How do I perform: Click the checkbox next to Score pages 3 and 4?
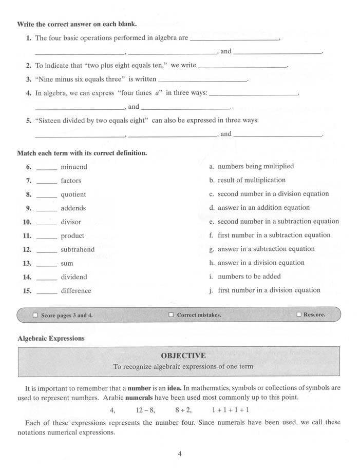coord(35,316)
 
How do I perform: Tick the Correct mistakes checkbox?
coord(171,315)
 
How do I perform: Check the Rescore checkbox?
coord(299,314)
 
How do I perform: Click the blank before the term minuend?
coord(47,168)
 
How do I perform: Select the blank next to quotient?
coord(47,195)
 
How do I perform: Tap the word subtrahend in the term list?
coord(78,250)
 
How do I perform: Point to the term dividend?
coord(74,277)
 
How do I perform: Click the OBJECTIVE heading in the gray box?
coord(183,356)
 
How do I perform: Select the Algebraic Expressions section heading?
coord(51,339)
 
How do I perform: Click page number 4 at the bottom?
coord(180,454)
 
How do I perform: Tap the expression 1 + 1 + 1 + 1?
coord(230,410)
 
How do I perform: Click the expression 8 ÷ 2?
coord(183,410)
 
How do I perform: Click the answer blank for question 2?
coord(242,67)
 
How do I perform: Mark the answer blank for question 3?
coord(202,81)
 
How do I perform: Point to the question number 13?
coord(27,264)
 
